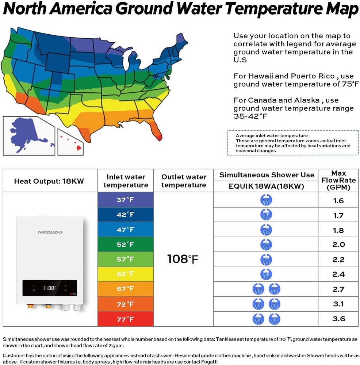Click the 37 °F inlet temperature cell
pos(125,200)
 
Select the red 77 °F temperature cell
pos(125,319)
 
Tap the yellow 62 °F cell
pos(125,274)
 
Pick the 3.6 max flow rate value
pos(338,319)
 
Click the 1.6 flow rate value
pos(338,201)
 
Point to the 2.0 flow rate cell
pos(338,245)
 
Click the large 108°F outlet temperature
pos(183,259)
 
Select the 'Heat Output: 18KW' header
pos(49,181)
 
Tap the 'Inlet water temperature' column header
pos(126,181)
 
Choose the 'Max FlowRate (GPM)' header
pos(338,180)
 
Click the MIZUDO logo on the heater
pos(50,233)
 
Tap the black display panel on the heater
pos(50,288)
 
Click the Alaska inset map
pos(28,135)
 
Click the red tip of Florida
pos(158,137)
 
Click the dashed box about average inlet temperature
pos(293,143)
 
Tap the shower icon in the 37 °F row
pos(266,200)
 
